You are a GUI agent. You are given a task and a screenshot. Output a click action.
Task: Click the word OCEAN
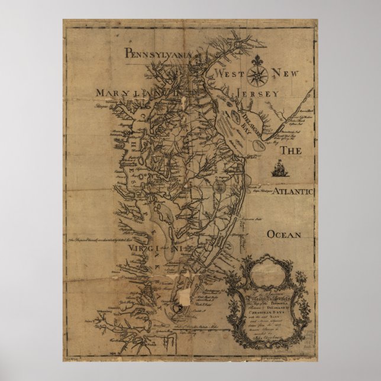(x=285, y=234)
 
